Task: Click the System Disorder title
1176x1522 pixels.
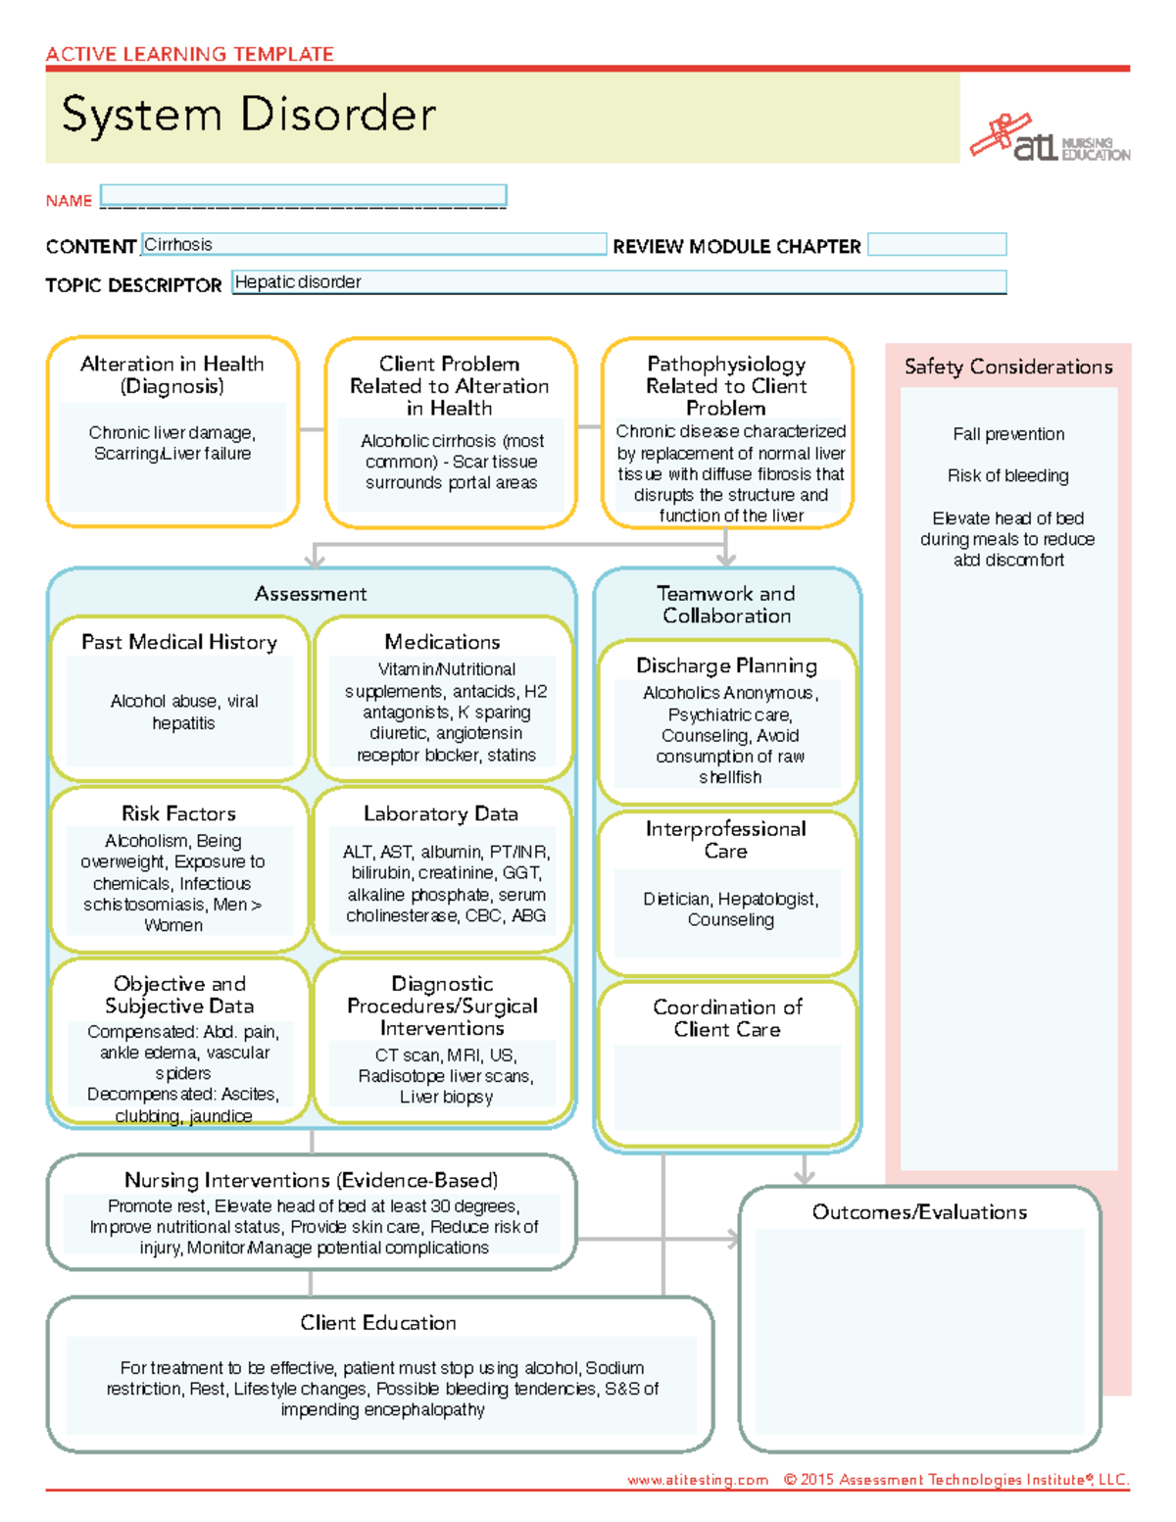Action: pos(248,115)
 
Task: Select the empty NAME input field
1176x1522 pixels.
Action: pos(303,195)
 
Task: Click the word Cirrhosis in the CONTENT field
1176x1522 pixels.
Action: pos(178,245)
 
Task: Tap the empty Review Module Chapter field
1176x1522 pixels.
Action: pos(937,245)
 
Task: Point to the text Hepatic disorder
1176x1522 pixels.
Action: pos(298,282)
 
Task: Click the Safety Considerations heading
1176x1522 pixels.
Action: pos(1008,367)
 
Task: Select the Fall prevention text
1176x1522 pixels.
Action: pos(1008,434)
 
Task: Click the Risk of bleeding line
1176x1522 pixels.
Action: pos(1008,475)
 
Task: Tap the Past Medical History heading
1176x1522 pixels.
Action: pos(179,642)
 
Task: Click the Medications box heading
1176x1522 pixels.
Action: pos(442,642)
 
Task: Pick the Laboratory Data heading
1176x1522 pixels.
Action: pos(441,813)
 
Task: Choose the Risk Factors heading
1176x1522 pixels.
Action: pos(178,813)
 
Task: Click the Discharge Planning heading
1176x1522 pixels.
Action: pos(726,665)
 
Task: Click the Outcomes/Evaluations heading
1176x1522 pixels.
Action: pos(919,1212)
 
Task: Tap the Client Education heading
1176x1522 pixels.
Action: pos(378,1323)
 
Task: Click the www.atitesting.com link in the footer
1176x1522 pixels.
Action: pos(698,1480)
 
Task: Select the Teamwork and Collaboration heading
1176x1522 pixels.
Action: pos(726,605)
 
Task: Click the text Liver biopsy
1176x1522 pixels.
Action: pos(446,1097)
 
